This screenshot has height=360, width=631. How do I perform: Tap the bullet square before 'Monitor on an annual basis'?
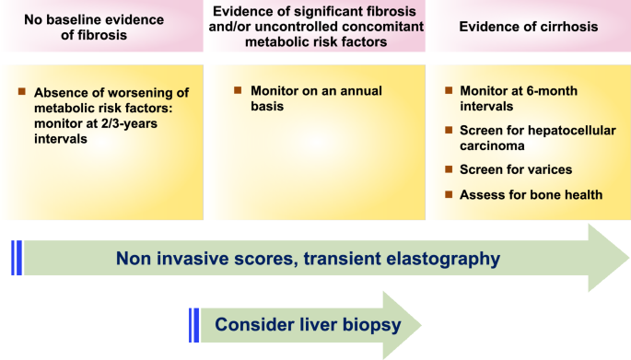[237, 90]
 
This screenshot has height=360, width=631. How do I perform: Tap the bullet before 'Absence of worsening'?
[22, 92]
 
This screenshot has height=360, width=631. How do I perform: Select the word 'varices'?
[544, 170]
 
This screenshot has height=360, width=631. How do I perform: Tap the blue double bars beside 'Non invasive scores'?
[16, 258]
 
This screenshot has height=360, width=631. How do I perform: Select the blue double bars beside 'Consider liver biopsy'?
[193, 324]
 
